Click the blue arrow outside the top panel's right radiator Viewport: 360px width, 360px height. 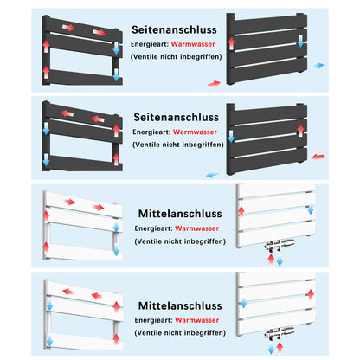click(319, 65)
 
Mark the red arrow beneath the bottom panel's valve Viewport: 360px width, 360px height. click(280, 346)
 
